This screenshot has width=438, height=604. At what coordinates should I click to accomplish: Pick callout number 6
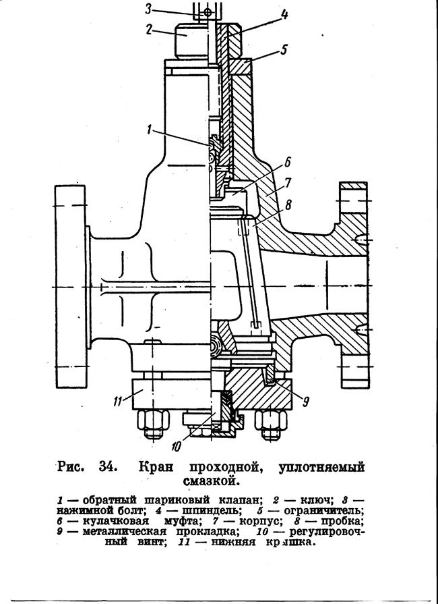coord(288,163)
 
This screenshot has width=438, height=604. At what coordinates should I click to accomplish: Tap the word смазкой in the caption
coord(211,481)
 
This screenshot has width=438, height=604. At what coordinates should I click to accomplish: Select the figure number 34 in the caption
coord(106,466)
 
